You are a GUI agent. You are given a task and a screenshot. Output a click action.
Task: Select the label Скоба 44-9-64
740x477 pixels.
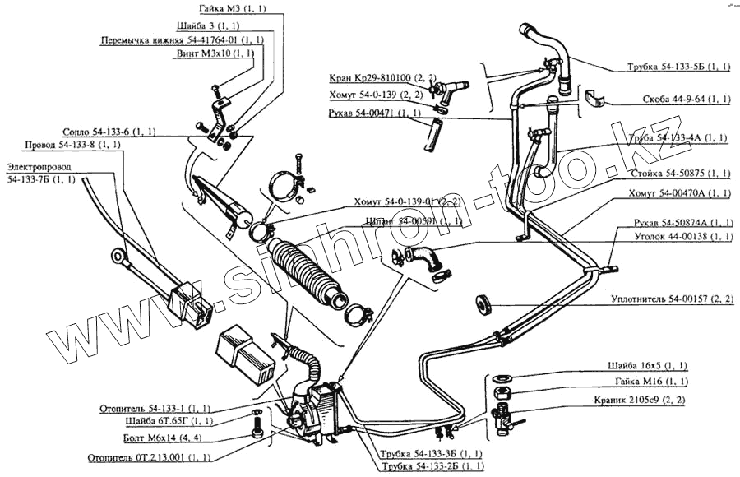pos(687,99)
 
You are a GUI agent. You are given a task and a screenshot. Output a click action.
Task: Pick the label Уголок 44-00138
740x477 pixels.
pos(687,237)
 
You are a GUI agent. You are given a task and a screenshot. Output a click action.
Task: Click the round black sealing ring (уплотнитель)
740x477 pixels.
pos(483,303)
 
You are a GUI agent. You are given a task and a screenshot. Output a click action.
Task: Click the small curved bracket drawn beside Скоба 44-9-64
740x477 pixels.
pos(596,100)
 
